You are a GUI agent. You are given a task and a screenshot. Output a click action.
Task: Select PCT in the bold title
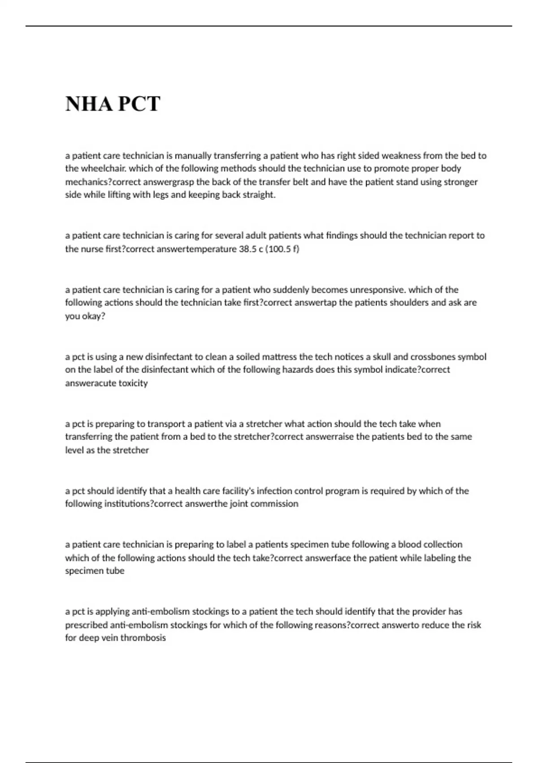139,104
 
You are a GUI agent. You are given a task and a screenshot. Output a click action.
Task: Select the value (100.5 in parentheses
282,249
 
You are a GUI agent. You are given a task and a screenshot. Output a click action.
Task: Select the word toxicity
133,383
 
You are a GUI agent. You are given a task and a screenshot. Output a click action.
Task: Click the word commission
274,504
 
